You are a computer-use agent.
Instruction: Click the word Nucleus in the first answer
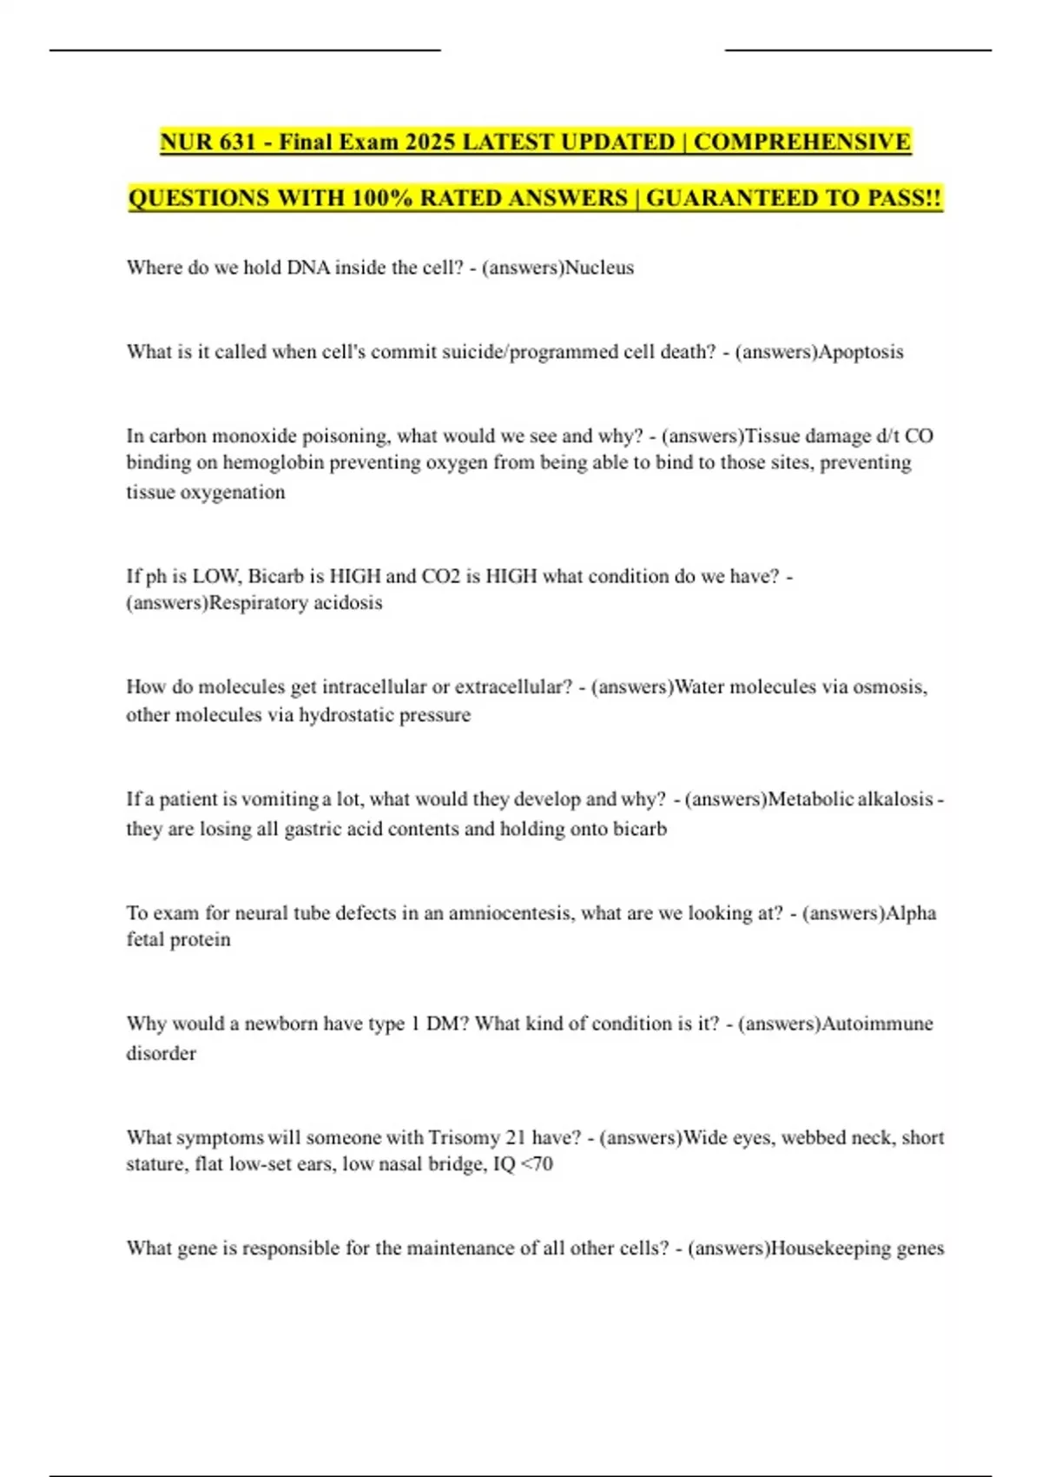(599, 268)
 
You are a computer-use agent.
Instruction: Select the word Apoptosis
(861, 352)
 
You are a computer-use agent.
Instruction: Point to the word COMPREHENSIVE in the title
(802, 142)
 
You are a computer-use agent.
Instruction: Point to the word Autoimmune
(878, 1023)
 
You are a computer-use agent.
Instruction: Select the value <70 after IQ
(537, 1164)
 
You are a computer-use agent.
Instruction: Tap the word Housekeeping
(828, 1248)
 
